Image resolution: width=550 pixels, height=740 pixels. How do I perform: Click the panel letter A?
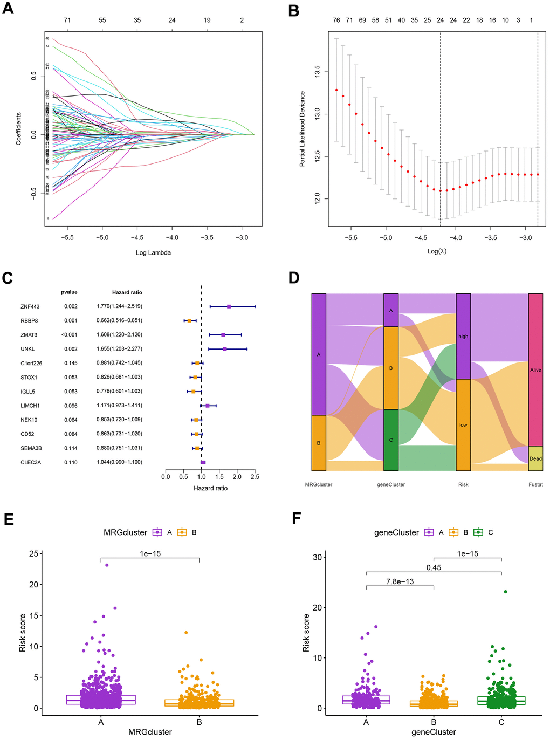coord(8,10)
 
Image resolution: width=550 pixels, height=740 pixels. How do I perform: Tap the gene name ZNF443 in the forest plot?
coord(30,307)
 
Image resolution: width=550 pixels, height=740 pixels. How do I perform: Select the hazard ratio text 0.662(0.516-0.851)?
coord(120,321)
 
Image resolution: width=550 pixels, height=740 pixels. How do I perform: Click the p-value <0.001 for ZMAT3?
coord(69,335)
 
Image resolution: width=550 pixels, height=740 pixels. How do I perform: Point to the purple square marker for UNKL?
coord(225,349)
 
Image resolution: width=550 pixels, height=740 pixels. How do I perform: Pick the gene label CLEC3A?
coord(31,462)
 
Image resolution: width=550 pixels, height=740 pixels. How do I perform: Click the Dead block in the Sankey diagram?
coord(535,458)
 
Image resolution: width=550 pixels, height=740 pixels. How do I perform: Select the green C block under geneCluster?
coord(391,440)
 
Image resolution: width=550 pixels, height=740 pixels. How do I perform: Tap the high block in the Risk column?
coord(463,337)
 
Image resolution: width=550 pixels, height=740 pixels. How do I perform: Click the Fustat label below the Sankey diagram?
coord(535,484)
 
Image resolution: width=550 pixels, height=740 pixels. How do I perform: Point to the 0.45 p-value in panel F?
coord(434,567)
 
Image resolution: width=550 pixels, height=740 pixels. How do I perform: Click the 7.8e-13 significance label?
coord(400,581)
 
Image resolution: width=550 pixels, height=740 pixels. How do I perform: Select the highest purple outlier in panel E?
coord(107,565)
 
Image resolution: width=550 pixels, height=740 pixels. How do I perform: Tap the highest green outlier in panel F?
coord(505,592)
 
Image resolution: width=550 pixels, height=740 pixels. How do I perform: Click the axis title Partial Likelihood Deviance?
coord(302,128)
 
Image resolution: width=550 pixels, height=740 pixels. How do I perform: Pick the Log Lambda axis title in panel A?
coord(153,252)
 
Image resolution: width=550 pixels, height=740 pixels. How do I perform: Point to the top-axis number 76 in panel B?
coord(336,20)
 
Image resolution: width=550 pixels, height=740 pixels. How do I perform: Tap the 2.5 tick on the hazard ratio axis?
coord(255,477)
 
